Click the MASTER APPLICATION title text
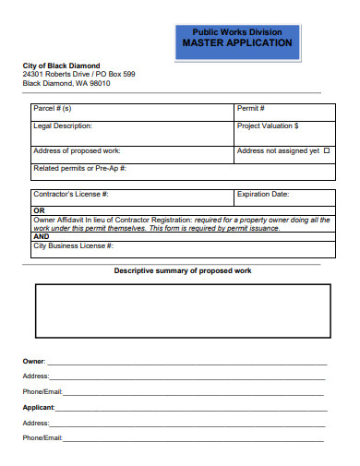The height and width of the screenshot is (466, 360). [236, 42]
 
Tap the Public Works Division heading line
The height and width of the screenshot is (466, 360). [236, 31]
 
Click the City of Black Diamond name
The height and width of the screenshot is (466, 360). [61, 66]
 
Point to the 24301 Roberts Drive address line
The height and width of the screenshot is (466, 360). [78, 74]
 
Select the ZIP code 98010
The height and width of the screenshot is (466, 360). [99, 82]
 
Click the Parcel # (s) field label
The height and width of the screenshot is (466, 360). [53, 108]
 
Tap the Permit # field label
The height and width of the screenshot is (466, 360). [251, 108]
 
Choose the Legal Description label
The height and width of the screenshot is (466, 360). [63, 125]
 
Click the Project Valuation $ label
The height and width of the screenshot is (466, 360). [268, 125]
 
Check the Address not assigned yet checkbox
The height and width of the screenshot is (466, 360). [327, 150]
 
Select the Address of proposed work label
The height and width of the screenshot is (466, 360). [77, 150]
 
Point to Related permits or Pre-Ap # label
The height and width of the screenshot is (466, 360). [79, 168]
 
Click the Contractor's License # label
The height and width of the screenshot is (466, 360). [71, 194]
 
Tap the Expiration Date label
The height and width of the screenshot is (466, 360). [263, 194]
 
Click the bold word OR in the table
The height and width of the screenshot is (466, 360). [39, 210]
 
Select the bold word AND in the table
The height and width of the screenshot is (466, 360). [42, 236]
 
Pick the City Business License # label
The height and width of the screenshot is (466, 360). [73, 245]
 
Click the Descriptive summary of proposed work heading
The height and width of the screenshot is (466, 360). [182, 270]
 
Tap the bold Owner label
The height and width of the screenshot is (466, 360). [33, 361]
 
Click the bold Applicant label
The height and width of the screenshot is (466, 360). [39, 406]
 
